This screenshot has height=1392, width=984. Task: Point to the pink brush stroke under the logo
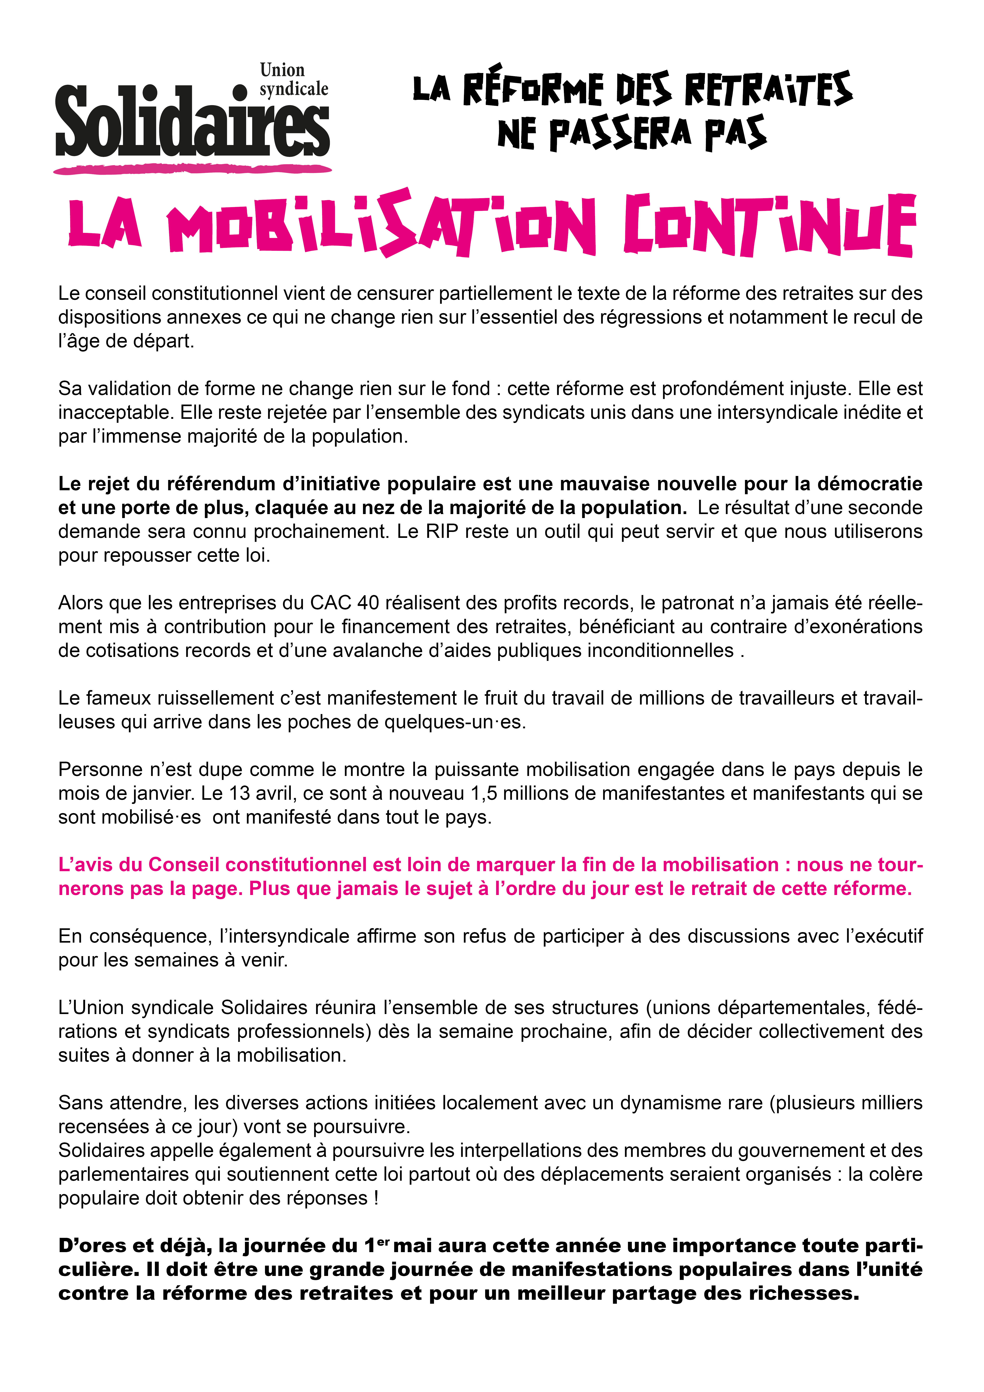click(x=193, y=169)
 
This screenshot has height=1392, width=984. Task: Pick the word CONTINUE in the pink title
click(x=769, y=226)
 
